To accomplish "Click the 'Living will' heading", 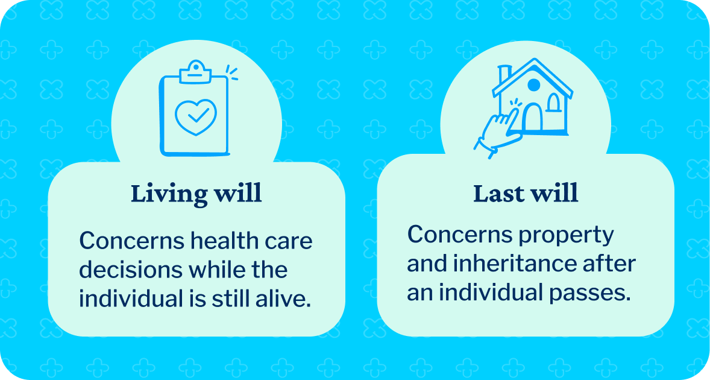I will click(x=196, y=194).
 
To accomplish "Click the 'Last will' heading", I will click(x=526, y=194).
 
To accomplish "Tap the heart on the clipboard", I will click(x=195, y=116).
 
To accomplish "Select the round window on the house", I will click(x=534, y=85).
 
